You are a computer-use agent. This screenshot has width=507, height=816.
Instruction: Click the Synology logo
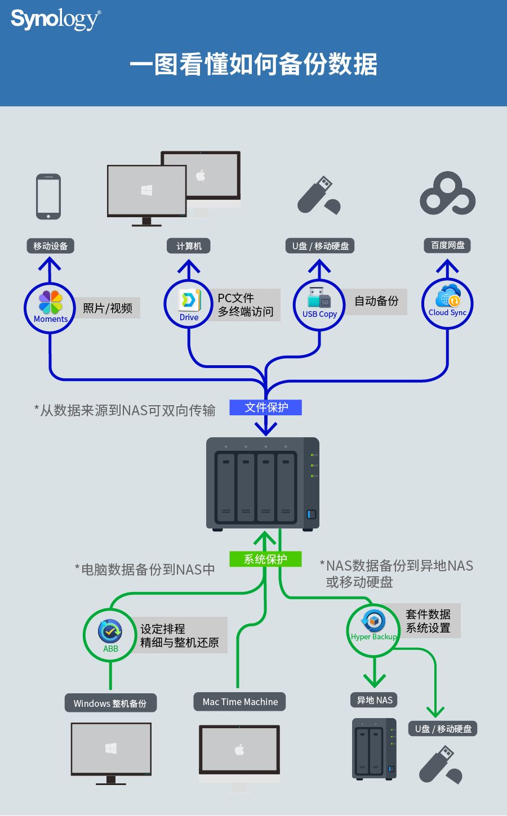click(x=55, y=20)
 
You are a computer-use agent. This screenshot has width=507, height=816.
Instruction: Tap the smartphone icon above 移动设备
click(x=48, y=196)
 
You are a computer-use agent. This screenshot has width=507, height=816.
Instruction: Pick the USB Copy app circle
click(x=319, y=304)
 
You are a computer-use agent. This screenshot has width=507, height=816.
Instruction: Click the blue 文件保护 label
click(x=266, y=407)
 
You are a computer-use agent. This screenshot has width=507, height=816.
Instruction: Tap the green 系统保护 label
click(x=265, y=559)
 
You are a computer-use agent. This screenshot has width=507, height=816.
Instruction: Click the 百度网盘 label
click(x=447, y=245)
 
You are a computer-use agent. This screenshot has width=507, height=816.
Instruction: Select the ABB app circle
click(x=110, y=635)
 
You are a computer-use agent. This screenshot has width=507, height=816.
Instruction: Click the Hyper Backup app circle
click(x=373, y=629)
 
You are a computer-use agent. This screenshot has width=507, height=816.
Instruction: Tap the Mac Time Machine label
click(x=240, y=702)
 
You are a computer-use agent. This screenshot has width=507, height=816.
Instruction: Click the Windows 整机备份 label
click(x=110, y=703)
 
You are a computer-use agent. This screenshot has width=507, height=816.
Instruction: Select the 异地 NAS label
click(x=375, y=700)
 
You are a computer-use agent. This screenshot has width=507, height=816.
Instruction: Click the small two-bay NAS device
click(x=374, y=749)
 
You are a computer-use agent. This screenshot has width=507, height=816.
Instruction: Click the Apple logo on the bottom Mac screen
click(x=239, y=750)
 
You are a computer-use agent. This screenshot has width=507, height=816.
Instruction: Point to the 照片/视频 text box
click(x=108, y=308)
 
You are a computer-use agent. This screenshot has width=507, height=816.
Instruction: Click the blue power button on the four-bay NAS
click(x=311, y=514)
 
